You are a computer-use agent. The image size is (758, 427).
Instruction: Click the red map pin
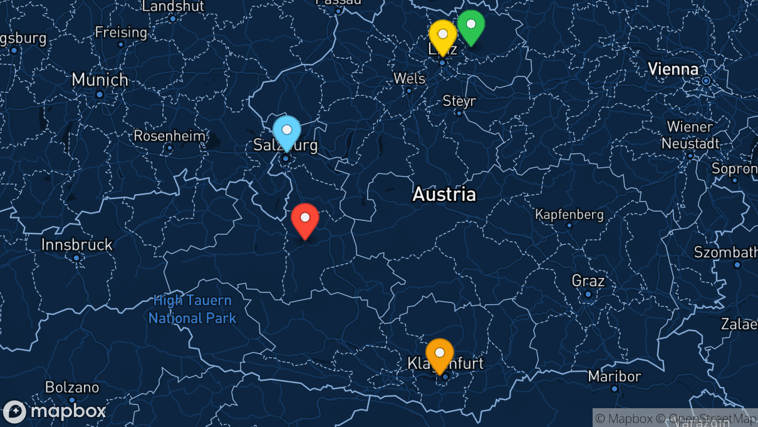click(x=305, y=219)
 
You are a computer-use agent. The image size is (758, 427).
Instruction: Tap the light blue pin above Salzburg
click(x=287, y=131)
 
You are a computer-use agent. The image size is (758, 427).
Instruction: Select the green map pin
click(x=470, y=26)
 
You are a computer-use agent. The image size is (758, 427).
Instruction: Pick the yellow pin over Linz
click(x=442, y=36)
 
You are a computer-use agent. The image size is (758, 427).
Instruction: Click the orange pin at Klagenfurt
click(x=440, y=354)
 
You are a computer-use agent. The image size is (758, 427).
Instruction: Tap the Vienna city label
click(x=673, y=69)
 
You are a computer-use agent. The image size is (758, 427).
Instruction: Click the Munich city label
click(x=100, y=80)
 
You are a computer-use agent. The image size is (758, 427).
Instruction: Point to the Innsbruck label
click(x=77, y=245)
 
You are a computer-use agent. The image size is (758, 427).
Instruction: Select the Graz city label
click(x=588, y=280)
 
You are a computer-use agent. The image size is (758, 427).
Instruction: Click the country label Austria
click(x=444, y=195)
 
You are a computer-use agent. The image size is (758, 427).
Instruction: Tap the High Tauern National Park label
click(x=192, y=309)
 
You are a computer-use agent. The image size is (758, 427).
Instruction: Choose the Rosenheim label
click(x=169, y=136)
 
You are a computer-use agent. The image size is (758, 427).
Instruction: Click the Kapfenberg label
click(x=569, y=215)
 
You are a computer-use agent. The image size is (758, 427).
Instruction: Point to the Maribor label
click(x=615, y=376)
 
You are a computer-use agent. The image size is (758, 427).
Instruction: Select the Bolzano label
click(x=72, y=388)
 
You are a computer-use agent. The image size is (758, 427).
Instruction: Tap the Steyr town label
click(x=459, y=101)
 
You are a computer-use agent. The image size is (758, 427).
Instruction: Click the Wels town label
click(x=409, y=79)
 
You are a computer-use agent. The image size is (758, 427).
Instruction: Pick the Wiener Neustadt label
click(x=690, y=135)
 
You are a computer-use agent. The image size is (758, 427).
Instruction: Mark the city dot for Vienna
click(x=706, y=81)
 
